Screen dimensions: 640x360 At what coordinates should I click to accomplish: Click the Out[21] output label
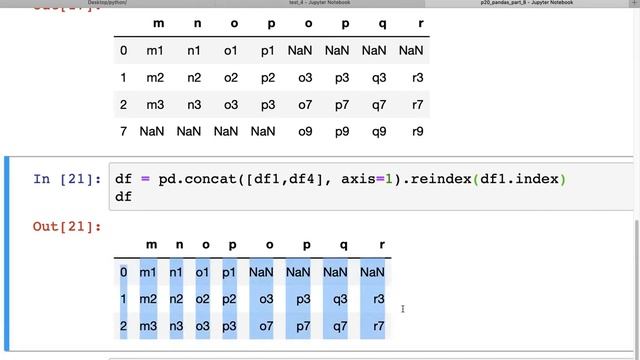point(67,227)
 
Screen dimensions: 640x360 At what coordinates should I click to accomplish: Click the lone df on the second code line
point(123,197)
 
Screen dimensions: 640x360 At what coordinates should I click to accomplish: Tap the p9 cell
point(341,131)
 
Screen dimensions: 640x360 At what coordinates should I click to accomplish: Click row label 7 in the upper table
point(123,131)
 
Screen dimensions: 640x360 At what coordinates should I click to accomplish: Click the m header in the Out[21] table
point(151,245)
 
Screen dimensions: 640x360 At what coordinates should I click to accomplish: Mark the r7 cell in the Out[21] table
point(378,326)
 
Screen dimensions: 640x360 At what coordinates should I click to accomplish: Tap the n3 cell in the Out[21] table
point(176,326)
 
